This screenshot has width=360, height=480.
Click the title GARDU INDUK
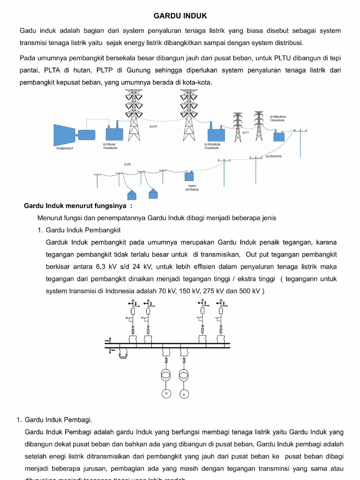pyautogui.click(x=180, y=16)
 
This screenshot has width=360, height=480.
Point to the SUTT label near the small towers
pyautogui.click(x=246, y=133)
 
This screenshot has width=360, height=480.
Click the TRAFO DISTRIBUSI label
pyautogui.click(x=192, y=187)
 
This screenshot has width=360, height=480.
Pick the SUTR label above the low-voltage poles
pyautogui.click(x=127, y=165)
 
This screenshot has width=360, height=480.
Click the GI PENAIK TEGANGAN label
pyautogui.click(x=110, y=146)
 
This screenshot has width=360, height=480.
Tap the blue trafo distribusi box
pyautogui.click(x=190, y=177)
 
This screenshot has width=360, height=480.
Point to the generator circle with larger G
pyautogui.click(x=166, y=393)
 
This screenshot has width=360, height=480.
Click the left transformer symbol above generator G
pyautogui.click(x=166, y=375)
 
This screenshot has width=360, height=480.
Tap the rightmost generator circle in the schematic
pyautogui.click(x=184, y=393)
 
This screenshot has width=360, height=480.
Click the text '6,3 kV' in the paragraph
pyautogui.click(x=105, y=267)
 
